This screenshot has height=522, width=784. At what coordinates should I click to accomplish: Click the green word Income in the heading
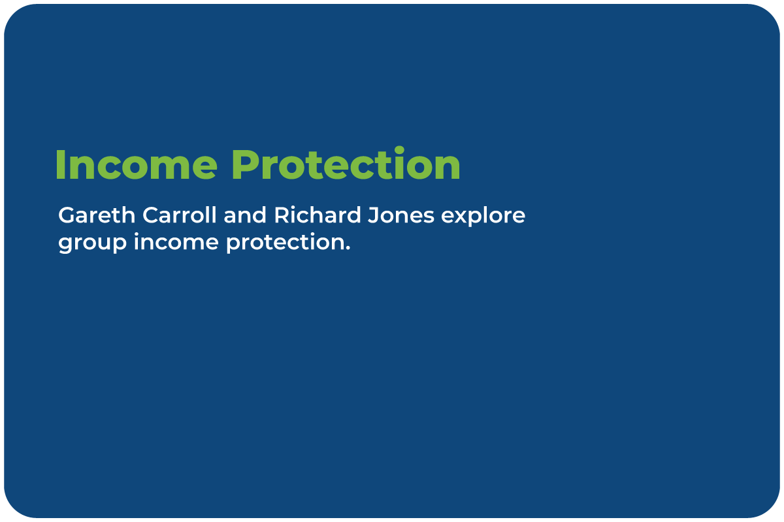137,164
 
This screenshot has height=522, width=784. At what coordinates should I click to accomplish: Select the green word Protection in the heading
346,163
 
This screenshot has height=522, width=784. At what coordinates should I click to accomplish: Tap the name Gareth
97,215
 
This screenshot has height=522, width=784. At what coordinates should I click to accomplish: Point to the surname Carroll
179,215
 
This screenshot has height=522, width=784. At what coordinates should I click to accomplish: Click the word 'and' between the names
245,215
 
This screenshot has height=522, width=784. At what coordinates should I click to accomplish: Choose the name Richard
318,215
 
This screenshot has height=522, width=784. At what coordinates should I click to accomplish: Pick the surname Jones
401,215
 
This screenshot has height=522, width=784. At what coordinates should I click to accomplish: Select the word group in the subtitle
92,243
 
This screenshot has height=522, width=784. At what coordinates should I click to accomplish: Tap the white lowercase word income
176,241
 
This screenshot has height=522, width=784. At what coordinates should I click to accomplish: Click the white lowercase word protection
285,242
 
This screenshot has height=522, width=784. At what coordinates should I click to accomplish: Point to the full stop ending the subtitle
347,248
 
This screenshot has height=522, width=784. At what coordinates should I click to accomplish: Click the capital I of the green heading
60,165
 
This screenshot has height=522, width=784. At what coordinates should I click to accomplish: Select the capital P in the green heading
246,165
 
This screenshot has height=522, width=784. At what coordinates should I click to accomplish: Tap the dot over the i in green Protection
399,150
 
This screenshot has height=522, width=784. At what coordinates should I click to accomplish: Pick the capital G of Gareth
67,215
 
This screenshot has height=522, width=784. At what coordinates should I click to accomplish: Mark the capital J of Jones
374,215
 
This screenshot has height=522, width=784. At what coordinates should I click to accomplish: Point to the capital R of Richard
282,215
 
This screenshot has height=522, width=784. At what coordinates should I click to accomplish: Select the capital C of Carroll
151,215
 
